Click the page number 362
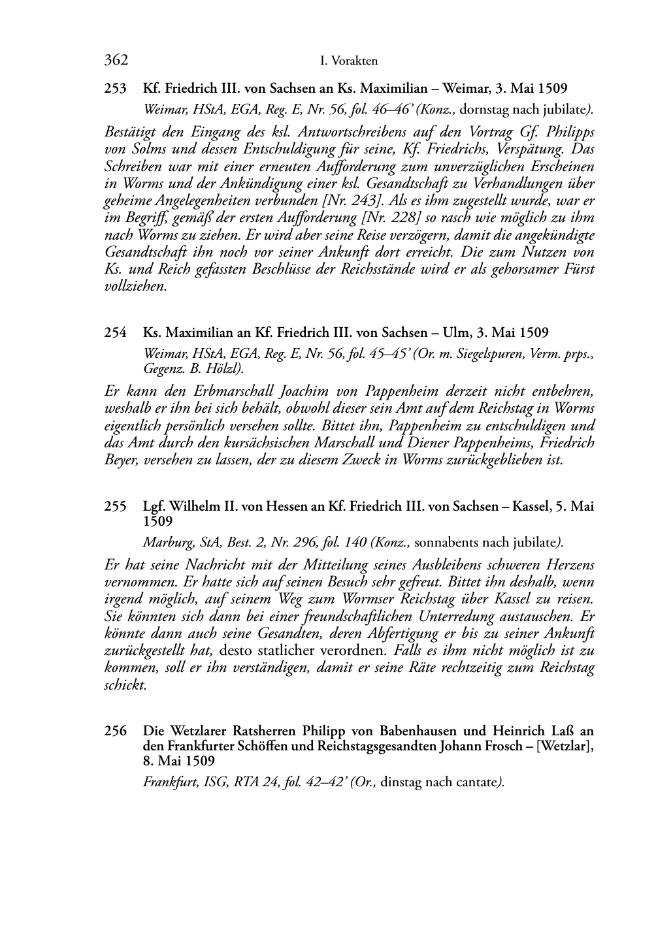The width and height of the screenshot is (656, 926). tap(116, 61)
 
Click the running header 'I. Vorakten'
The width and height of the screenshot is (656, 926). tap(349, 61)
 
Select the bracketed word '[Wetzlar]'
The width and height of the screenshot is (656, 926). tap(565, 746)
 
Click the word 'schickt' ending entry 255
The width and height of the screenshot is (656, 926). tap(125, 685)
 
